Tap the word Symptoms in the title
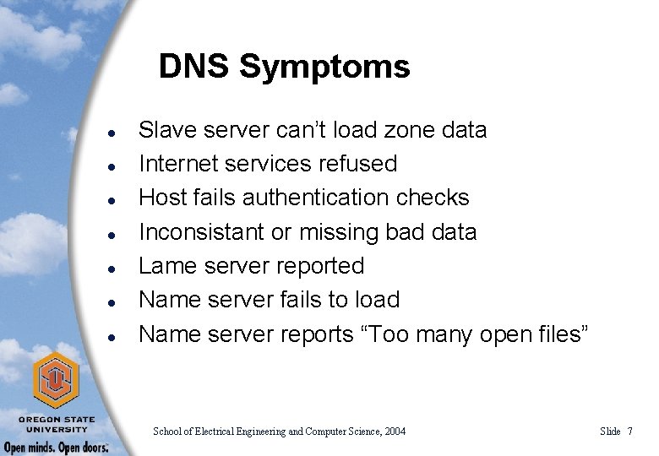point(324,68)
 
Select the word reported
point(320,267)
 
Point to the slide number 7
point(629,432)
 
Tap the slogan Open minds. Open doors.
point(56,447)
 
